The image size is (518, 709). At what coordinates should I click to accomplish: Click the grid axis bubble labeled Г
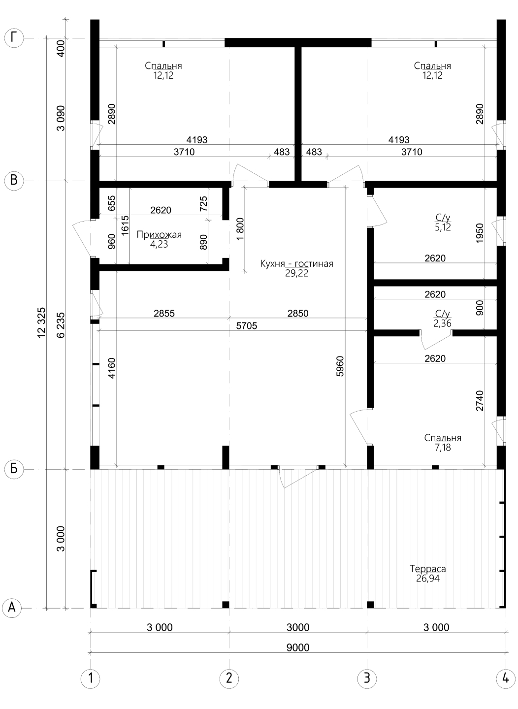tap(14, 38)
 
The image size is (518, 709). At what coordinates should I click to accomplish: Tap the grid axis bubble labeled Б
tap(14, 469)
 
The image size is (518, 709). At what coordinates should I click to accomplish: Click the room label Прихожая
tap(159, 235)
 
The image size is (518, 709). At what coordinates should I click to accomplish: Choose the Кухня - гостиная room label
tap(297, 264)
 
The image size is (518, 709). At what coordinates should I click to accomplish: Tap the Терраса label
tap(428, 569)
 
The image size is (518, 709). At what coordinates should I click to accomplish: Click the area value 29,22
tap(297, 273)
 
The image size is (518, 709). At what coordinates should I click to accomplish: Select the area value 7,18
tap(443, 448)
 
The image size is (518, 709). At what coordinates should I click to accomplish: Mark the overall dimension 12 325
tap(41, 322)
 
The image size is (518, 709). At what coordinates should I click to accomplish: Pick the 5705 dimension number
tap(247, 326)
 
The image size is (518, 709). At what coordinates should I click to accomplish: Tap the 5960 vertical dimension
tap(340, 366)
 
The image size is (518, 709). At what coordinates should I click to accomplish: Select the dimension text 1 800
tap(240, 229)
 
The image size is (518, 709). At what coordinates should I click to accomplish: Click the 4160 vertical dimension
tap(112, 368)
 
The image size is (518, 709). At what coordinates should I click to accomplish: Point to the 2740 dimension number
tap(480, 401)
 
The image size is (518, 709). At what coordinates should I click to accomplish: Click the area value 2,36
tap(442, 323)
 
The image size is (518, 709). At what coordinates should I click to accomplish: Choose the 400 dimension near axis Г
tap(61, 48)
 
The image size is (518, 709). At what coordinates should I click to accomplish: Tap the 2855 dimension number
tap(164, 313)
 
